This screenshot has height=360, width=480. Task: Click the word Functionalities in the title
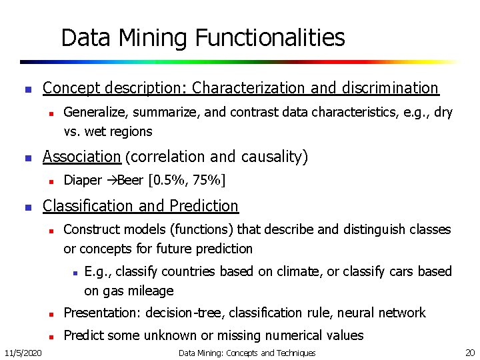click(270, 38)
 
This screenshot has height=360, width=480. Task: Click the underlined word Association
click(81, 157)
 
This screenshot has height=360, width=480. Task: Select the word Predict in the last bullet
click(83, 335)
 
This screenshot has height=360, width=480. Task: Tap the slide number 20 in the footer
click(469, 352)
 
